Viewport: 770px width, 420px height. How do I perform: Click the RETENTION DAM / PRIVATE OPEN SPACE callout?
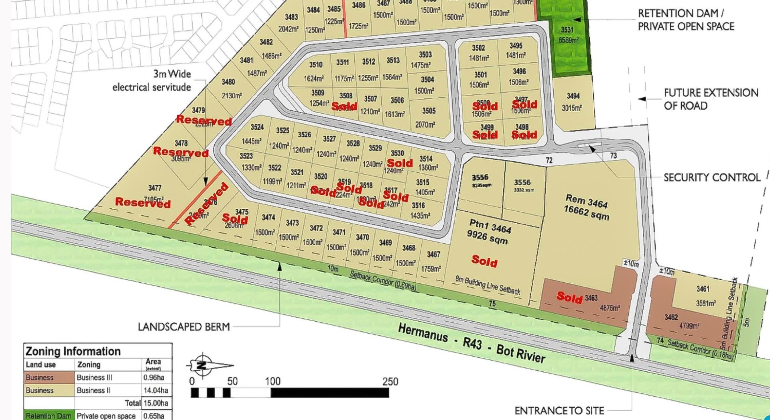point(686,20)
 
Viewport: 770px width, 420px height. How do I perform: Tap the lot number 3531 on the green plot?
point(567,30)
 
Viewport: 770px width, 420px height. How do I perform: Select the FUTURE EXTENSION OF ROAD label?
point(711,99)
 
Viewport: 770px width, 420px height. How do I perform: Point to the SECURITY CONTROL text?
point(711,177)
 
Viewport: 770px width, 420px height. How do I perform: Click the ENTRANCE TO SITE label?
point(559,411)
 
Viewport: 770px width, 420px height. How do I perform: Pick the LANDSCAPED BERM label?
point(184,327)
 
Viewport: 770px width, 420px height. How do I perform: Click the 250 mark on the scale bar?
point(390,381)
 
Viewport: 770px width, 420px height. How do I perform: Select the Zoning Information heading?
point(73,351)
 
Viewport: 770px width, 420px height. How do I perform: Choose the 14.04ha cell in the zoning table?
point(156,390)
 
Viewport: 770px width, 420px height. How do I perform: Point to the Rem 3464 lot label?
point(587,201)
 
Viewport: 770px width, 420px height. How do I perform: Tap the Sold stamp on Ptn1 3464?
point(484,261)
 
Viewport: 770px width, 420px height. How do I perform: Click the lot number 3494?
point(573,96)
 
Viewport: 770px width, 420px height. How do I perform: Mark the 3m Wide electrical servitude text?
point(152,80)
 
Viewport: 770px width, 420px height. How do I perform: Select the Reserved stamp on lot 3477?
point(143,202)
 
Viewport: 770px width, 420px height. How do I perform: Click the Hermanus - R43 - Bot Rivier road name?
point(471,343)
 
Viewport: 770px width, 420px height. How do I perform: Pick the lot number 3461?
point(703,289)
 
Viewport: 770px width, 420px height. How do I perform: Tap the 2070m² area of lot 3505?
point(425,125)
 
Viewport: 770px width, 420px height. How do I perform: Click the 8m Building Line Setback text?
point(488,285)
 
